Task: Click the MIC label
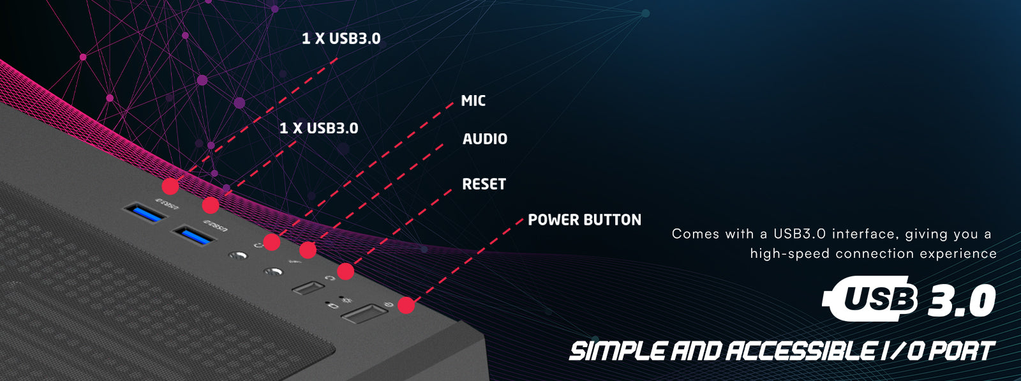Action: [473, 101]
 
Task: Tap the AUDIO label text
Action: [484, 139]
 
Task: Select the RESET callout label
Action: [484, 184]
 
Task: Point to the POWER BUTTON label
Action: [584, 220]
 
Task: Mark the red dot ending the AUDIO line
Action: [308, 250]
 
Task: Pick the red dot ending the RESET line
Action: [345, 271]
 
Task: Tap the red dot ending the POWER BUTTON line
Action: [406, 305]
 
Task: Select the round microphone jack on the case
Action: [237, 256]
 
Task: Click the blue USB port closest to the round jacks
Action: [194, 236]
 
